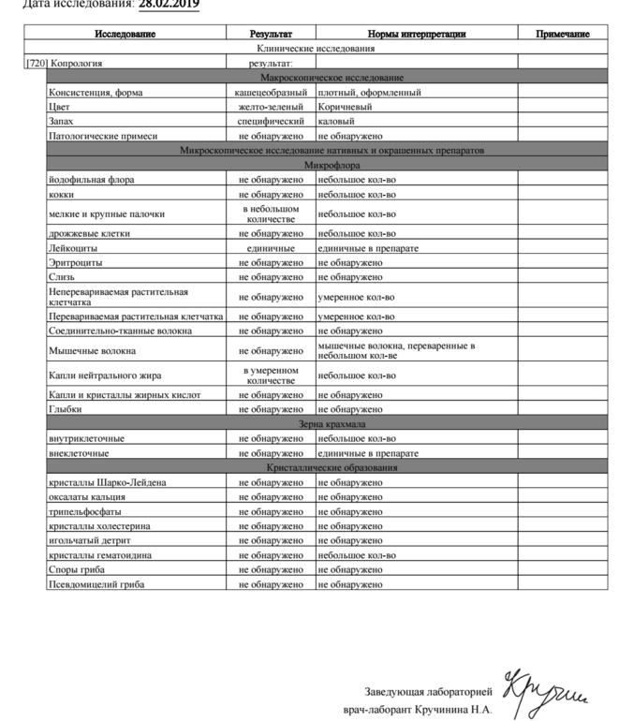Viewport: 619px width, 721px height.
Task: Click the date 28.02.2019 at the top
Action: (169, 5)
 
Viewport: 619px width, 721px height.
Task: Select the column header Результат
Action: (271, 35)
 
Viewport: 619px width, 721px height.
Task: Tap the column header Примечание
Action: (563, 35)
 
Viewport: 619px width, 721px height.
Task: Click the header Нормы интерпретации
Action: (416, 35)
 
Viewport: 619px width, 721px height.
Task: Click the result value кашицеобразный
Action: (271, 93)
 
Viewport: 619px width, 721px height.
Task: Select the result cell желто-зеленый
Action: (271, 108)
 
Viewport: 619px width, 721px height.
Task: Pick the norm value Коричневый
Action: (345, 108)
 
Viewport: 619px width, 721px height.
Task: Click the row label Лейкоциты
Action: (72, 249)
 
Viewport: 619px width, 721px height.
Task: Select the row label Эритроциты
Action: (74, 263)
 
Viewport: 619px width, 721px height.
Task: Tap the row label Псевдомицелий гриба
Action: (96, 584)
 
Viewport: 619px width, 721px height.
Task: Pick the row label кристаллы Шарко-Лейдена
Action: (108, 482)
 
